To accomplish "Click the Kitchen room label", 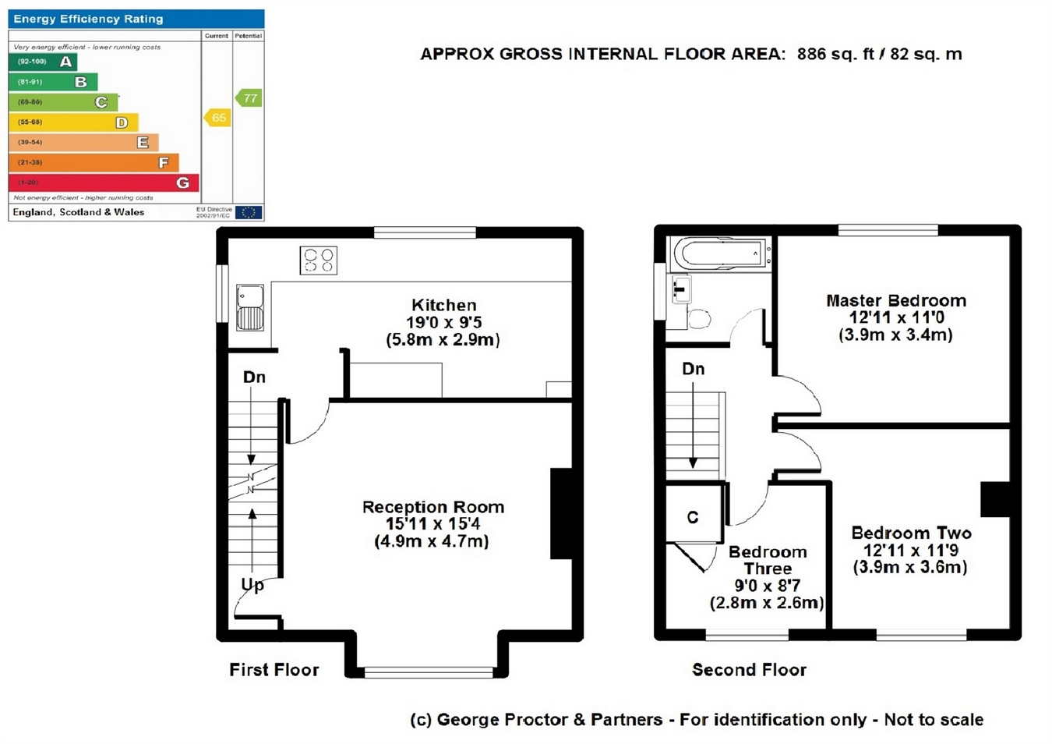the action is point(444,306).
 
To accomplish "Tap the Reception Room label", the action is point(433,507).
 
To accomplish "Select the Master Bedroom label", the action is point(896,301).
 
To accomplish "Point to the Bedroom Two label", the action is point(911,533).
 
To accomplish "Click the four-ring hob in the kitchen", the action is point(319,260).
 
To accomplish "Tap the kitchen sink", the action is point(250,307).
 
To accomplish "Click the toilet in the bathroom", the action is point(698,319).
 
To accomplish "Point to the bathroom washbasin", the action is point(681,289).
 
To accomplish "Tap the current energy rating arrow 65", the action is point(217,118).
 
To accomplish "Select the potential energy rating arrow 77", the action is point(249,97).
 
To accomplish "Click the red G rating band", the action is point(104,182).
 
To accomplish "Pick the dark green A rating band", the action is point(43,62).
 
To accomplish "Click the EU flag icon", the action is point(249,212).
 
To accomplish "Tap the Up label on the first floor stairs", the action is point(252,585).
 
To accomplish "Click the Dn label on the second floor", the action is point(694,369).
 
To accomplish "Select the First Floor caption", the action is point(274,670).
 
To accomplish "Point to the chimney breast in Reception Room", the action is point(561,513).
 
